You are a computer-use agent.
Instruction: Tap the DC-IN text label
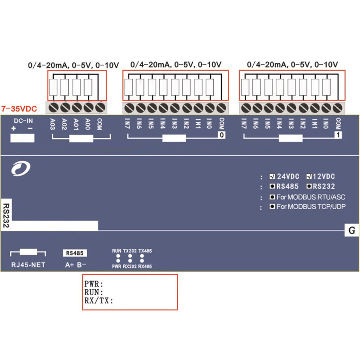click(23, 121)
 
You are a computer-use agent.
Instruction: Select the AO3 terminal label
click(53, 125)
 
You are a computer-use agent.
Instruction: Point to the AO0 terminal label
click(88, 125)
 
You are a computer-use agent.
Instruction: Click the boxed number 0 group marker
click(221, 135)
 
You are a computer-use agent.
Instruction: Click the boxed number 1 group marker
click(337, 135)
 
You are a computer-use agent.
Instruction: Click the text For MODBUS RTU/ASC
click(311, 197)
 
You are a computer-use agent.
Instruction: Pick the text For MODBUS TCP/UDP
click(311, 207)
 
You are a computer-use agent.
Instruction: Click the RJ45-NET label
click(28, 265)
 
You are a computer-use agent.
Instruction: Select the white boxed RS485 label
click(75, 253)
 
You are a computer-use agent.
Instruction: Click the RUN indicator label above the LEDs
click(117, 251)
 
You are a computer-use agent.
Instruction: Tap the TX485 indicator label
click(145, 251)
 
